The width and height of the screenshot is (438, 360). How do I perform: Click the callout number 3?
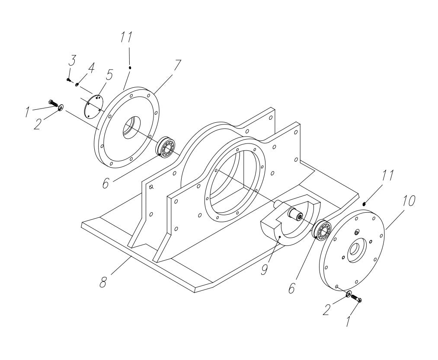click(x=72, y=61)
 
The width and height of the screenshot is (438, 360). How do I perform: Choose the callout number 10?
click(x=408, y=201)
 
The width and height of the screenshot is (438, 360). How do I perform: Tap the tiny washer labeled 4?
click(x=77, y=84)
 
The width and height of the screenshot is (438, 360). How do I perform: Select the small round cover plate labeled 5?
click(x=92, y=106)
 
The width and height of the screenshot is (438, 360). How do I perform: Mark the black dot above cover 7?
click(x=130, y=67)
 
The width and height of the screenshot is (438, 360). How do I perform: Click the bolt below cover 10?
click(x=356, y=298)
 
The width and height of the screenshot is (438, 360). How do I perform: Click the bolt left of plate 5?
click(x=54, y=103)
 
